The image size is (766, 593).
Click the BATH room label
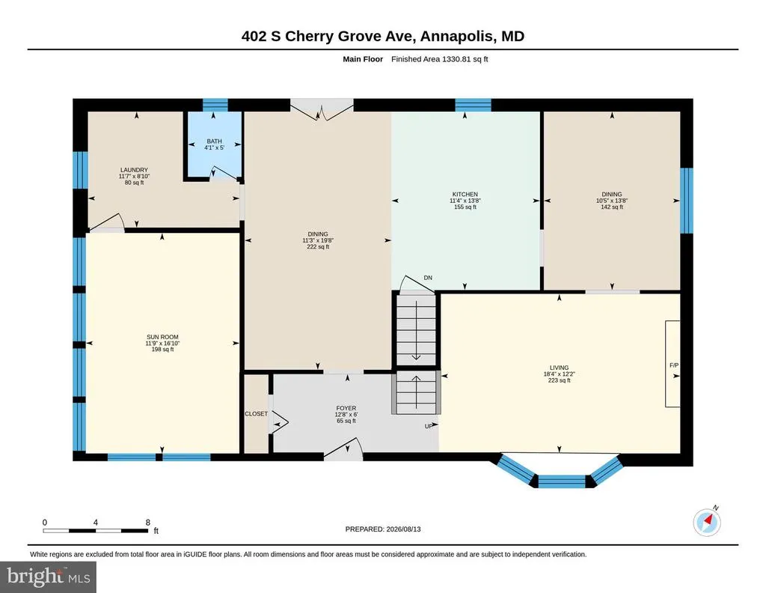tap(214, 142)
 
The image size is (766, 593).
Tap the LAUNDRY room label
tap(134, 170)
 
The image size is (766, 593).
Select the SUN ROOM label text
tap(162, 337)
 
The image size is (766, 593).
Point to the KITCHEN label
tap(465, 194)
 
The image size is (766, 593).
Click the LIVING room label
tap(560, 368)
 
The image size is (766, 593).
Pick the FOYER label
tap(346, 408)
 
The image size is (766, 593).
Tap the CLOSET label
tap(257, 413)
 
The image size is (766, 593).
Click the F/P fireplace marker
tap(674, 365)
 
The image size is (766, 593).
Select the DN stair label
tap(428, 278)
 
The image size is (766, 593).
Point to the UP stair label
tap(429, 426)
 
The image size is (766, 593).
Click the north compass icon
tap(707, 522)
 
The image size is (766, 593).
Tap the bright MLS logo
tap(49, 577)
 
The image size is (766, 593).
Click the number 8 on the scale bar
tap(148, 522)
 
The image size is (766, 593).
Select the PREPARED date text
tap(383, 529)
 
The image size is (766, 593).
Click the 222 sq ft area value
tap(318, 247)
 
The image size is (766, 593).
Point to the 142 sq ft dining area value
tap(612, 207)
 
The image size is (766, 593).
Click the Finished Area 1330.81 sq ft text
tap(440, 59)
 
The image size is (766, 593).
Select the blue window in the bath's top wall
tap(215, 105)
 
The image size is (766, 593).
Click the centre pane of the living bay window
tap(562, 481)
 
